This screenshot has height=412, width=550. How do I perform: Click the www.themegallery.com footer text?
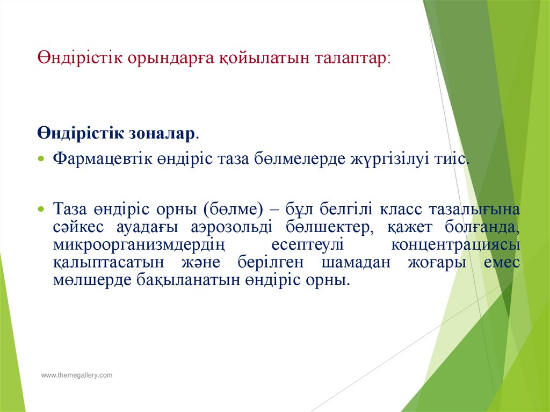(77, 375)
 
